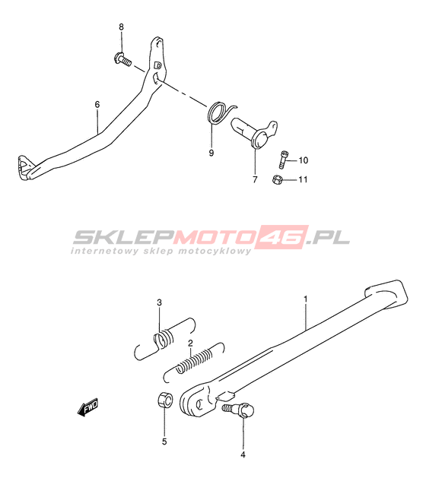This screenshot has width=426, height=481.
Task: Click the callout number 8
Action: (121, 27)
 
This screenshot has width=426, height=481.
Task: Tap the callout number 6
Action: (97, 105)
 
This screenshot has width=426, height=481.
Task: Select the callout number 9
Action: (211, 153)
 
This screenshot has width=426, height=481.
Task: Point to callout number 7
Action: (255, 179)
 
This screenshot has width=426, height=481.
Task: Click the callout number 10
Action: (304, 160)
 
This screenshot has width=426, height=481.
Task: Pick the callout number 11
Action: (304, 179)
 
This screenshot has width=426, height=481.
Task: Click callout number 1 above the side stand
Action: (306, 299)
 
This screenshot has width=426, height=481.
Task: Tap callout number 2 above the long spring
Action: (190, 343)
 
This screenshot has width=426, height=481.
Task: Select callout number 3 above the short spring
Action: (159, 302)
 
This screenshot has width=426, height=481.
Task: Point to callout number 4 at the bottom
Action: (243, 454)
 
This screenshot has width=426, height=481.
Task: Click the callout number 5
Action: (164, 441)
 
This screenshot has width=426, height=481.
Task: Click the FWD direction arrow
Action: (87, 407)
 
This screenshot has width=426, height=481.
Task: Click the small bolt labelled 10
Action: (283, 160)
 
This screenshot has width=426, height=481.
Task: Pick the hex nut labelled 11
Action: (277, 179)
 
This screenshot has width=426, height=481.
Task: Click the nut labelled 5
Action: (164, 400)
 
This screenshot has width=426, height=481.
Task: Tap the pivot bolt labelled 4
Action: (238, 410)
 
